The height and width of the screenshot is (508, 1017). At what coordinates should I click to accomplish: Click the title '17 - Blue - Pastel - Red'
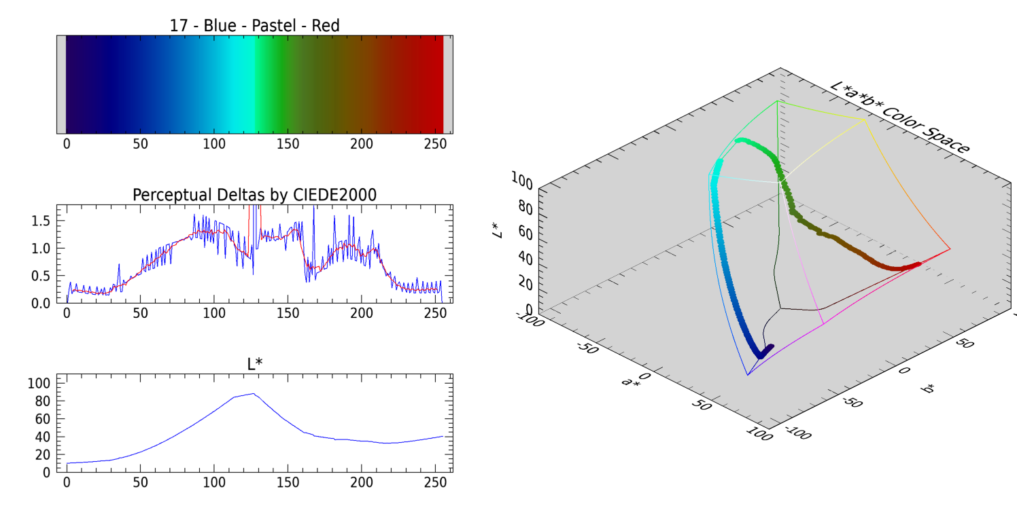(x=254, y=26)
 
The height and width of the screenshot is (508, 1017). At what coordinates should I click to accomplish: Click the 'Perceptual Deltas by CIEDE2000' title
(x=254, y=195)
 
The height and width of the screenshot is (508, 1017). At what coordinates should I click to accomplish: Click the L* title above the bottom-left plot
(x=254, y=364)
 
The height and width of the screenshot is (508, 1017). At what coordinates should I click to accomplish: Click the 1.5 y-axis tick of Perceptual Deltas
(x=42, y=221)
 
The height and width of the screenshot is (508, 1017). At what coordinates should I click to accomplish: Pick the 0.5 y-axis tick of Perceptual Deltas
(x=42, y=276)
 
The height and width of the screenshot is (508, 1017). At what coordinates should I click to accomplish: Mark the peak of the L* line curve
(x=253, y=393)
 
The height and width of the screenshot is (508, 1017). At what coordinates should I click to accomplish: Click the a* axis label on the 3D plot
(x=631, y=382)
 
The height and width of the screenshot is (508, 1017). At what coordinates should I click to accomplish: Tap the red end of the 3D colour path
(x=917, y=264)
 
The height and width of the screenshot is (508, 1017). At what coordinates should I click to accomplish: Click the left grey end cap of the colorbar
(x=61, y=84)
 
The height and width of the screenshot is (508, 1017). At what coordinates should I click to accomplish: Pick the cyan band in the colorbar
(x=241, y=84)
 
